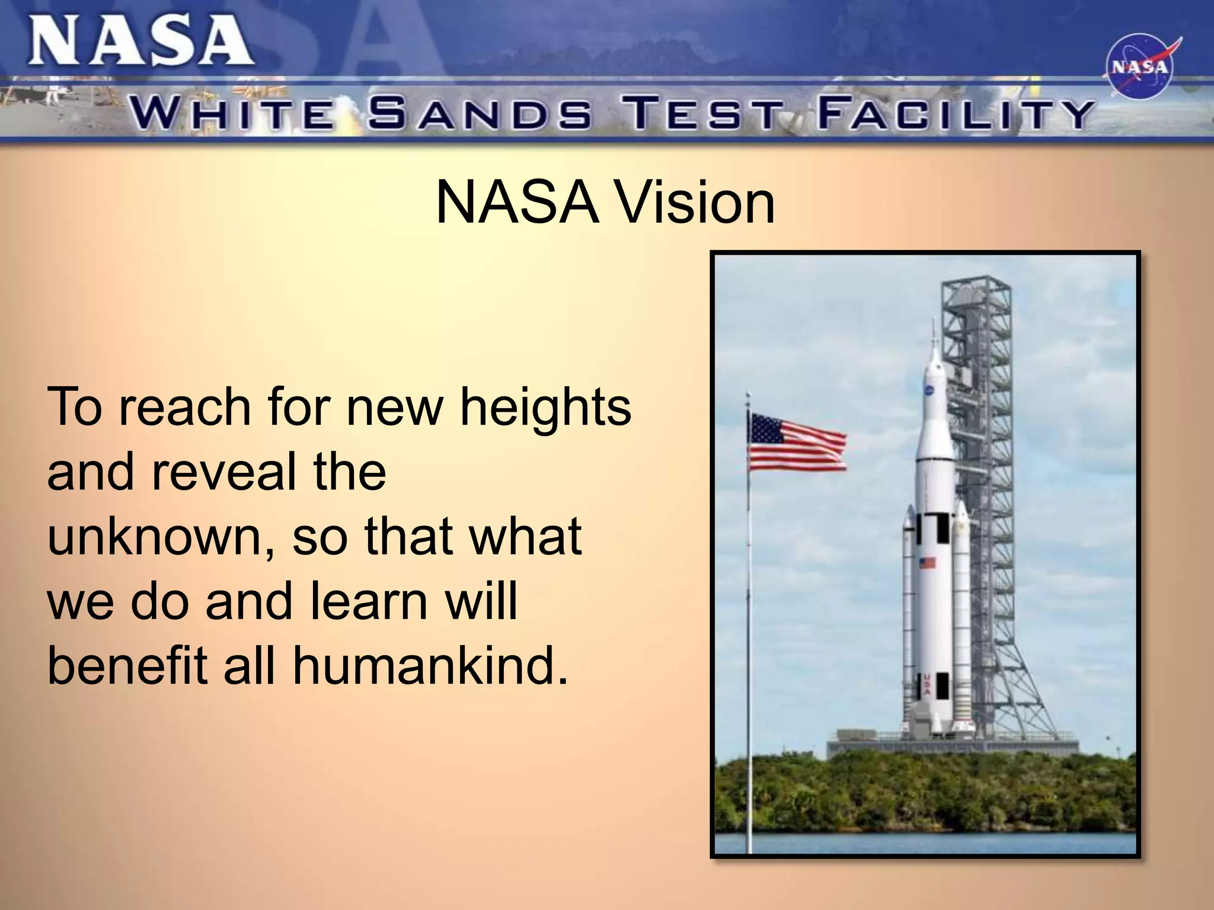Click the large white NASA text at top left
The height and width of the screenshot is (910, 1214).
tap(141, 41)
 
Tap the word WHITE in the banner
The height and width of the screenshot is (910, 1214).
tap(232, 114)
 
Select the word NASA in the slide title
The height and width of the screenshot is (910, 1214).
tap(516, 203)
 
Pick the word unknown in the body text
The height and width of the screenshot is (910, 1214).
tap(155, 537)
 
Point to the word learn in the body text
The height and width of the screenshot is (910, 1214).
tap(370, 601)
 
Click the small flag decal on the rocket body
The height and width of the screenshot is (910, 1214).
tap(927, 562)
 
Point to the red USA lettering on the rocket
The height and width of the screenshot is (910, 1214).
tap(927, 685)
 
